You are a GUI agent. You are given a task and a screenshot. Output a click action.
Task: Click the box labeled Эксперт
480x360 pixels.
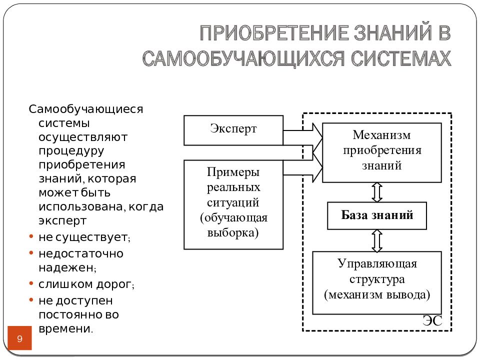pyautogui.click(x=233, y=130)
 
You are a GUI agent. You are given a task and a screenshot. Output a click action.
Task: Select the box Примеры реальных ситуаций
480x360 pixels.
pyautogui.click(x=233, y=204)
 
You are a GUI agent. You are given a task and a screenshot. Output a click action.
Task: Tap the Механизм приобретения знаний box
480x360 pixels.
pyautogui.click(x=381, y=152)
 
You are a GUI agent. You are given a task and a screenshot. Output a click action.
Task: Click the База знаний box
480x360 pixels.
pyautogui.click(x=377, y=215)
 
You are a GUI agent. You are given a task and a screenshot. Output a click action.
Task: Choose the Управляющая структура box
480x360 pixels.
pyautogui.click(x=377, y=282)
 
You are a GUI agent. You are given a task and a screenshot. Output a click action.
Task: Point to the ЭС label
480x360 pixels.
pyautogui.click(x=432, y=321)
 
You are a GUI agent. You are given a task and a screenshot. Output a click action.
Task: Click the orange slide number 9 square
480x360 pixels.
pyautogui.click(x=20, y=338)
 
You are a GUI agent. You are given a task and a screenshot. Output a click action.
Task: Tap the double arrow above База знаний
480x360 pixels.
pyautogui.click(x=377, y=192)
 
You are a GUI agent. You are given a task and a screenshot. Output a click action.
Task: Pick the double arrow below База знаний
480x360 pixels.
pyautogui.click(x=377, y=240)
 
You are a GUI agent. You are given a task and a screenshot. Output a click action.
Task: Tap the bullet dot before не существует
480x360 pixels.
pyautogui.click(x=31, y=235)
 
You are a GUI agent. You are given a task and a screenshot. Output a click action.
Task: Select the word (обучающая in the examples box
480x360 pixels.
pyautogui.click(x=234, y=218)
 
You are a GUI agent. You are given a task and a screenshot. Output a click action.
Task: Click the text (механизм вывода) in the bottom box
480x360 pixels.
pyautogui.click(x=377, y=294)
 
